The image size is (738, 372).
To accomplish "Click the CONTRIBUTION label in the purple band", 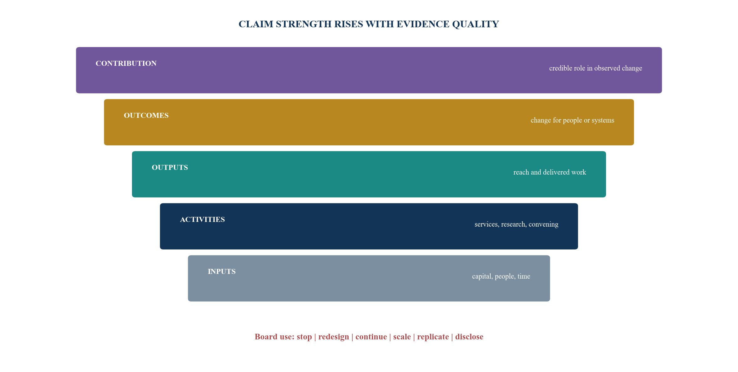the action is coord(126,63).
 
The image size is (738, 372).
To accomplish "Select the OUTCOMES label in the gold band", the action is coord(146,115).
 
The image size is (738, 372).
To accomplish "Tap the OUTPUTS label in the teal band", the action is coord(170,167).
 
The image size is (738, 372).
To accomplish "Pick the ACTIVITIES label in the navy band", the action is coord(202,219).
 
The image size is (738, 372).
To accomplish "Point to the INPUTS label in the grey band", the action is coord(222,271).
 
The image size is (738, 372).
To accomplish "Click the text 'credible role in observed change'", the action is coord(596,68).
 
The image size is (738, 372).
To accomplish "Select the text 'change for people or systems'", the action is coord(572,120).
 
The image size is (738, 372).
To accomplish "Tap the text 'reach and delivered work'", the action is coord(550,172).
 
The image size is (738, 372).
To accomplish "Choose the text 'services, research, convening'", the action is coord(516,224).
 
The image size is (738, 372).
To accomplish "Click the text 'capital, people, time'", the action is coord(501,276).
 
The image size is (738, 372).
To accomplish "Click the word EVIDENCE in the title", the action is coord(423,24).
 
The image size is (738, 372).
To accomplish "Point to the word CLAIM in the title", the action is coord(256,24).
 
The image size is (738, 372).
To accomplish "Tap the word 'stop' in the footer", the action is coord(304,337).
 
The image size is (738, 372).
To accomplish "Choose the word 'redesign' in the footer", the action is coord(334,337).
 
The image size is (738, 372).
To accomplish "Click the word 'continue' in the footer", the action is coord(371,337).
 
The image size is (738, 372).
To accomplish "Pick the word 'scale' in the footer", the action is coord(402,337).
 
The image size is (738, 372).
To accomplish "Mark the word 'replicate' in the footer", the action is coord(433,337).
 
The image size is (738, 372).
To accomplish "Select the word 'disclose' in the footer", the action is coord(469,337).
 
